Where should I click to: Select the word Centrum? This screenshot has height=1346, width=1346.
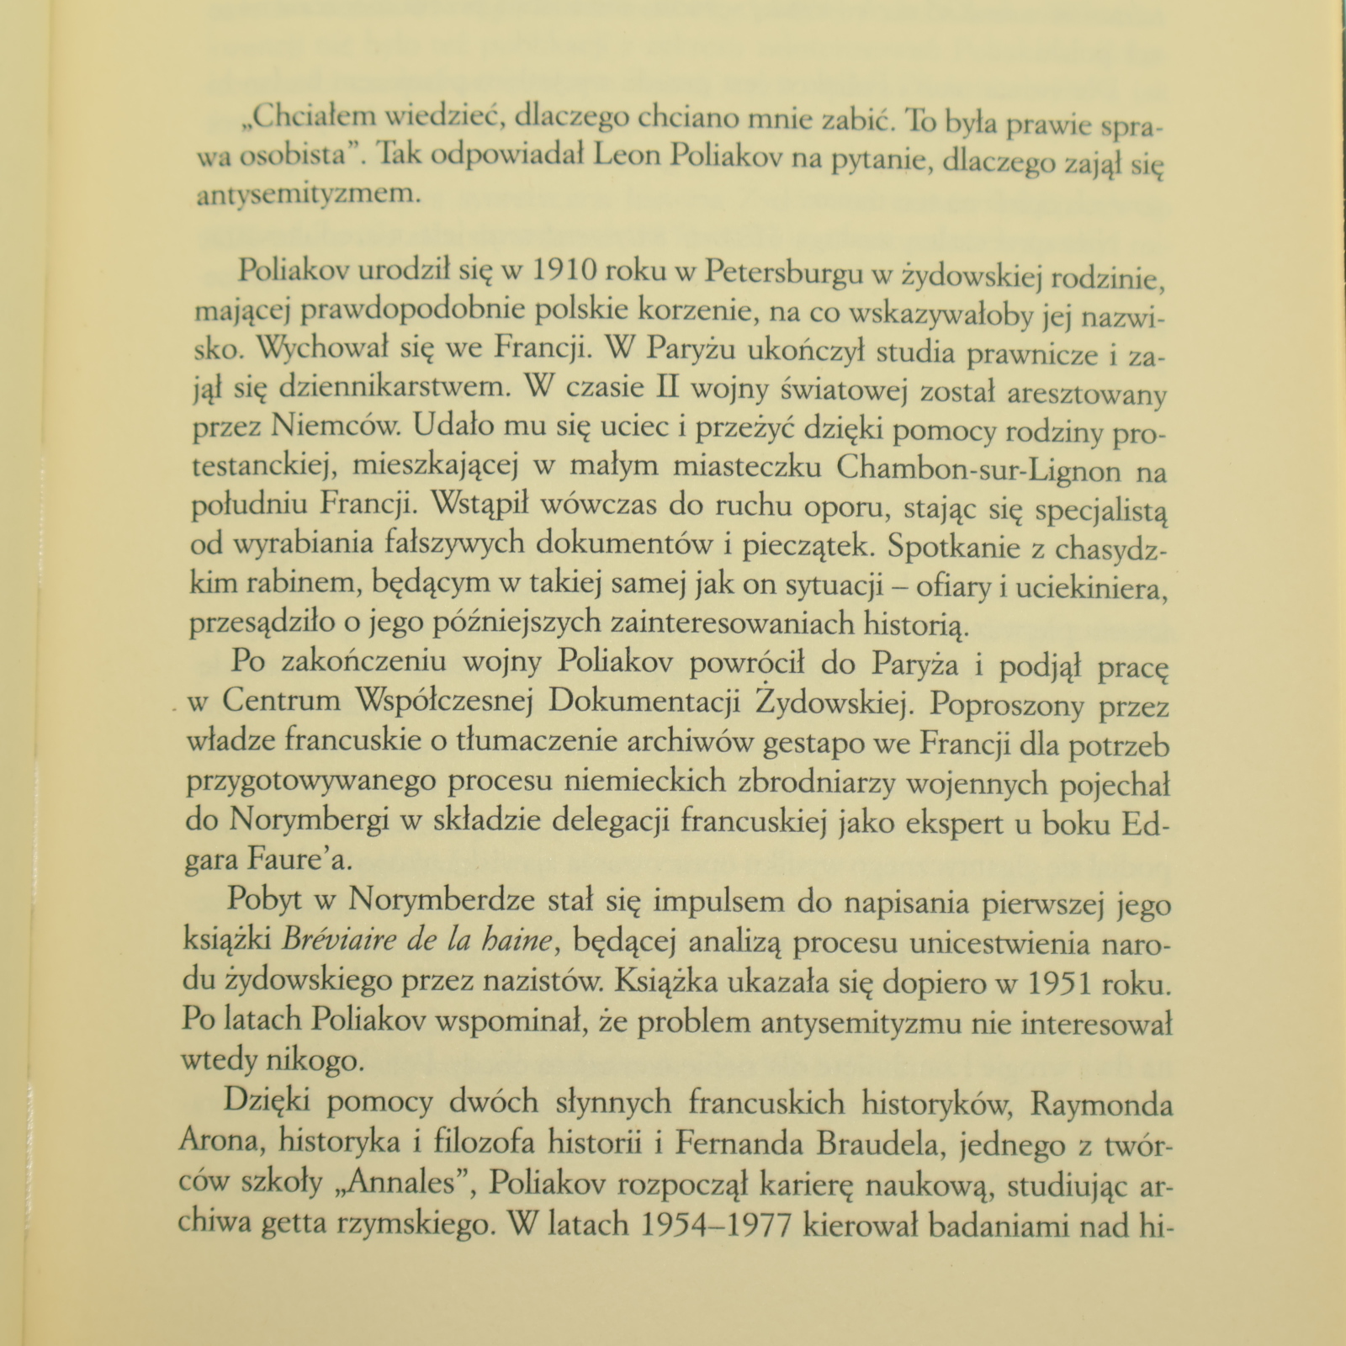(281, 700)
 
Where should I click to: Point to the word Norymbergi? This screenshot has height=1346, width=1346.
(310, 820)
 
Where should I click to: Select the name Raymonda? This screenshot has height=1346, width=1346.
(1102, 1104)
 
